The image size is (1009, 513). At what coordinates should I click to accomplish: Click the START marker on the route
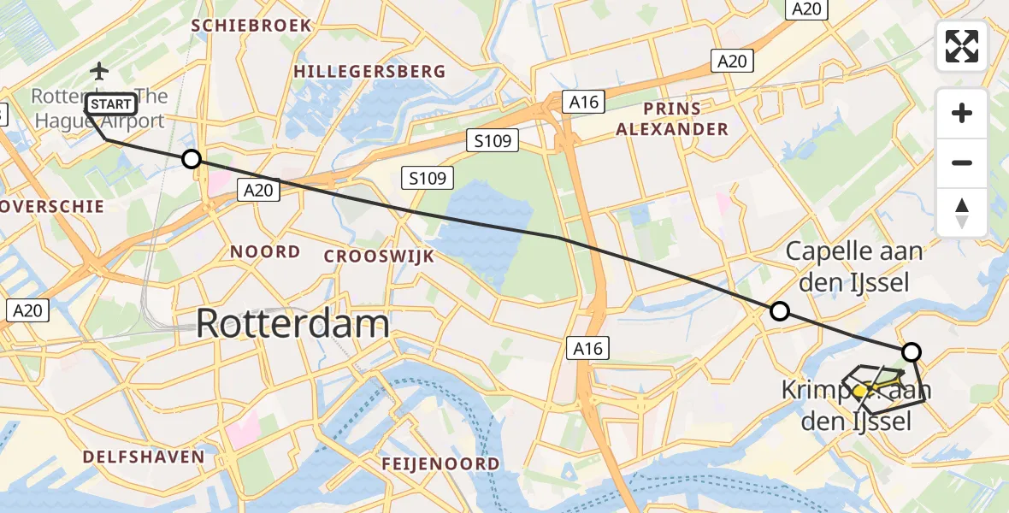click(110, 104)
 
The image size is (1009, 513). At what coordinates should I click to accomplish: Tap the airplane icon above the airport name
click(100, 70)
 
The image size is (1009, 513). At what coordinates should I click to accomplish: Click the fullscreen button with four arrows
click(962, 46)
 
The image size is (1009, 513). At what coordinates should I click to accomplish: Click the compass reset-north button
click(962, 213)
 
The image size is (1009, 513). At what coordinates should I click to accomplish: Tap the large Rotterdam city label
click(292, 324)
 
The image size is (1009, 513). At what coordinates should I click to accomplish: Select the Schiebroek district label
click(251, 26)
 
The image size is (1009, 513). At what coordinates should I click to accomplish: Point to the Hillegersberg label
click(369, 72)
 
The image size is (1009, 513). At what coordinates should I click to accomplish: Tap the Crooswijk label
click(379, 256)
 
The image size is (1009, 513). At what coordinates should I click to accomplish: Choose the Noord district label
click(265, 251)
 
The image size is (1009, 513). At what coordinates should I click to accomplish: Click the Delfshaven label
click(144, 457)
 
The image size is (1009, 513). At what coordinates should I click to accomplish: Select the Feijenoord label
click(442, 463)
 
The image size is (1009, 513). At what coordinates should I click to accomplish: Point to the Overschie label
click(53, 206)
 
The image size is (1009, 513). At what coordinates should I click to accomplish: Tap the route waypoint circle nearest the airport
click(192, 159)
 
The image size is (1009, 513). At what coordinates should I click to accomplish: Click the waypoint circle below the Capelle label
click(779, 311)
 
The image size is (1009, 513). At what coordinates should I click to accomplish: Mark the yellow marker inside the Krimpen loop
click(861, 391)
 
